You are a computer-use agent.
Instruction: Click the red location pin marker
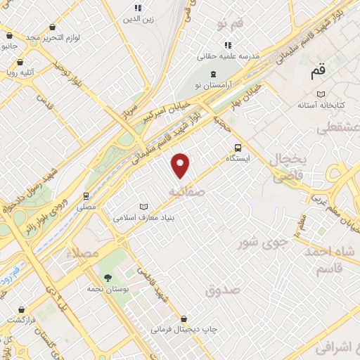[181, 165]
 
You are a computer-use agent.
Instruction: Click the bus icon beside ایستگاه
[238, 148]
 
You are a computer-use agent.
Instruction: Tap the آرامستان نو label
[214, 86]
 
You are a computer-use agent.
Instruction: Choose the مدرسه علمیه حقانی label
[231, 54]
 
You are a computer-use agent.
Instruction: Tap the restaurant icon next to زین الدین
[137, 9]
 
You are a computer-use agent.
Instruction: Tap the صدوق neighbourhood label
[224, 289]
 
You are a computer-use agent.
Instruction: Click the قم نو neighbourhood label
[230, 25]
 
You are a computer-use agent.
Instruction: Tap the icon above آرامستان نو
[214, 75]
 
